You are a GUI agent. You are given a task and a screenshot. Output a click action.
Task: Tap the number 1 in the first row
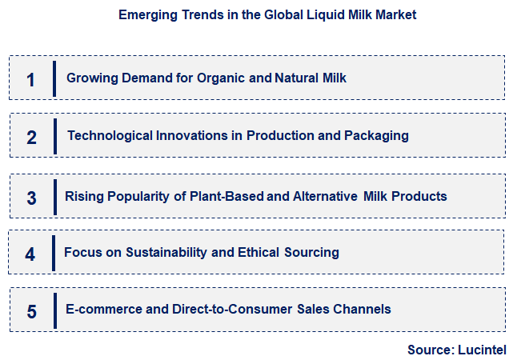tap(31, 79)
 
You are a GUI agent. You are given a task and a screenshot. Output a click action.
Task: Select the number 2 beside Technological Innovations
tap(31, 137)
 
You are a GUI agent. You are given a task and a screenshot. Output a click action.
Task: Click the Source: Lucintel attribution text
tap(457, 350)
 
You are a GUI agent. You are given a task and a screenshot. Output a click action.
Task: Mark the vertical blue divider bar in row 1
tap(54, 78)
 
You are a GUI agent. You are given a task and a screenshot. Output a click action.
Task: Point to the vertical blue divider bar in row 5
tap(54, 310)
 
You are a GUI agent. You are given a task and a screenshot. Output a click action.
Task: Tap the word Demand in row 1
tap(146, 78)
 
